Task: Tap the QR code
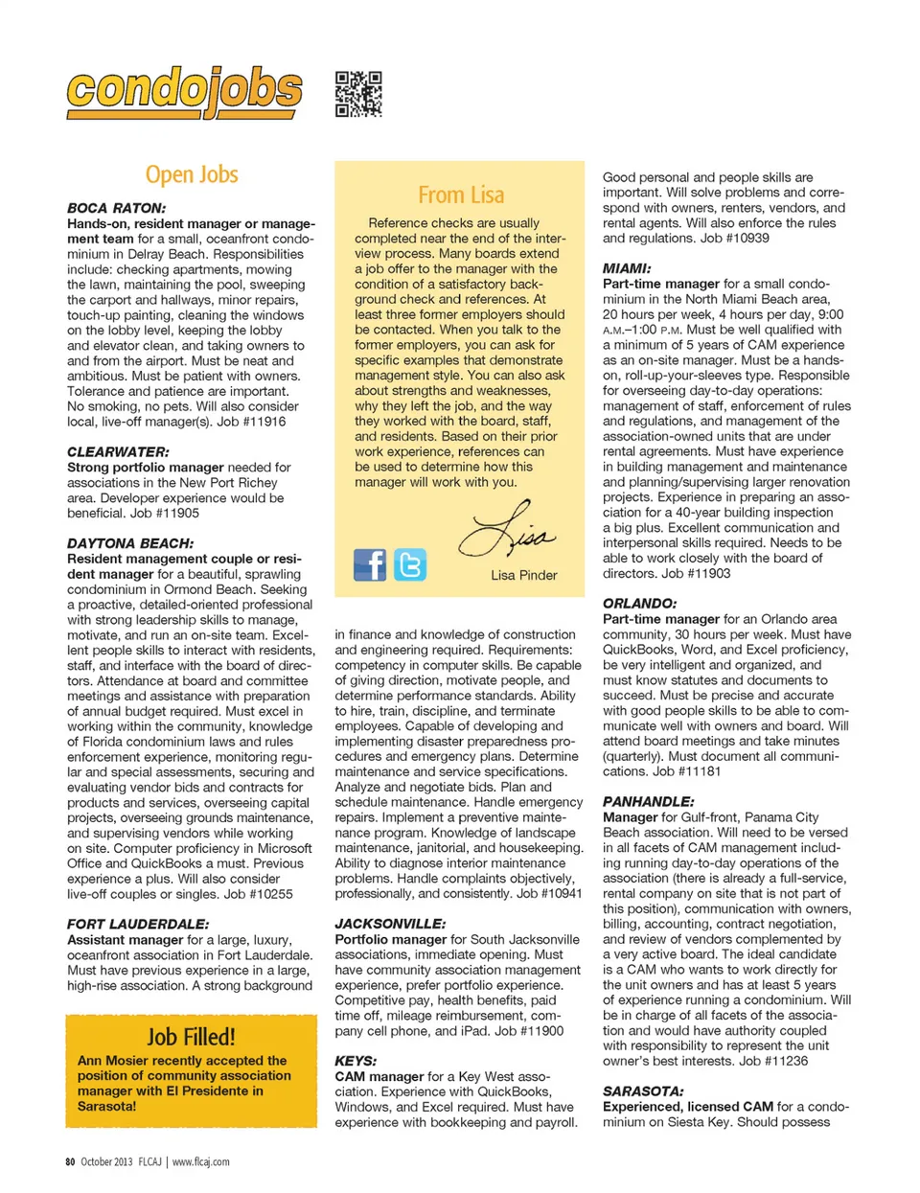point(358,94)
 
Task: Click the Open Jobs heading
point(192,175)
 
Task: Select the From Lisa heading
point(461,195)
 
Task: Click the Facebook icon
point(370,565)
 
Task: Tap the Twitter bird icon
point(410,565)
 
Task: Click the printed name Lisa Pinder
point(523,575)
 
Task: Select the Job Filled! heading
point(191,1037)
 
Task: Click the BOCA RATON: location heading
point(116,208)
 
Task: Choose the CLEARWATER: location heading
point(118,451)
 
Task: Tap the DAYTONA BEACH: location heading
point(130,543)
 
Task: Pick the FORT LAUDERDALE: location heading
point(138,924)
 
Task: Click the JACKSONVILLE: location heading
point(390,924)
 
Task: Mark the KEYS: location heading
point(356,1061)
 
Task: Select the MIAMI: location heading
point(627,268)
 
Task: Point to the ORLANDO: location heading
point(639,604)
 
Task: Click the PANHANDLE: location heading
point(648,801)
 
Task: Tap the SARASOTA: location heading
point(643,1090)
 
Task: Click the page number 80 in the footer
point(70,1161)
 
